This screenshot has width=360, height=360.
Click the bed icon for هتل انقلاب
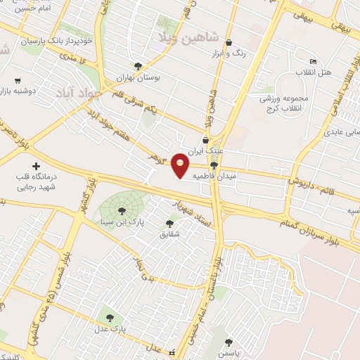[313, 63]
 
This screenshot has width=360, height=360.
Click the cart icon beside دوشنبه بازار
[18, 80]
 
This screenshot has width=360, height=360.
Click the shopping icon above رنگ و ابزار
[229, 42]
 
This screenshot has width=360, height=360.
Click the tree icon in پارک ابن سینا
[121, 210]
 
